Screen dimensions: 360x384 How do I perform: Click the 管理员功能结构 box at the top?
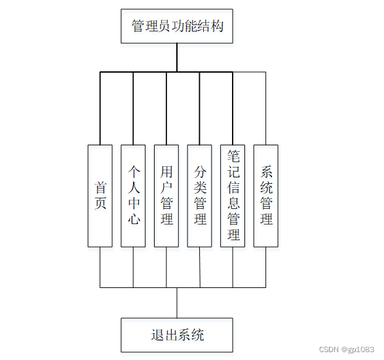click(x=177, y=27)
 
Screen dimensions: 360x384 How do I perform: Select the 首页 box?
click(x=100, y=196)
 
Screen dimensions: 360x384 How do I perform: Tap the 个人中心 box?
click(x=134, y=196)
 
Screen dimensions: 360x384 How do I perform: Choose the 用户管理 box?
click(x=166, y=196)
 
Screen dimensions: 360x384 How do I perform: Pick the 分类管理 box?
click(x=200, y=196)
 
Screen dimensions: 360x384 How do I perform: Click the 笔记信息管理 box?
click(x=233, y=196)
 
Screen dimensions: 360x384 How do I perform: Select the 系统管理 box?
click(x=266, y=196)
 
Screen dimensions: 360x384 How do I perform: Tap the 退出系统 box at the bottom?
click(x=177, y=335)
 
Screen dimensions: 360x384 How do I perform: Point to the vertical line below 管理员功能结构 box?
click(x=177, y=58)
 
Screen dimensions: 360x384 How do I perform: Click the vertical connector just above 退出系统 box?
click(x=177, y=302)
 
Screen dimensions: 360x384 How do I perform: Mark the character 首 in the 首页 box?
click(x=100, y=187)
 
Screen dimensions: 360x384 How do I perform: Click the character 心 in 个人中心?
click(x=134, y=219)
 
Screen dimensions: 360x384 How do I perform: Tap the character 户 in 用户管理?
click(x=166, y=188)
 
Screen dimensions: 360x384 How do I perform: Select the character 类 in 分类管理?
click(x=200, y=188)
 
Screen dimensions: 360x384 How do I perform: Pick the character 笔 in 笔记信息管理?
click(x=233, y=156)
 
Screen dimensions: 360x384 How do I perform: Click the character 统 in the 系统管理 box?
click(x=266, y=188)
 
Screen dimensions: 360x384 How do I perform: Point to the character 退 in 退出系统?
click(x=157, y=335)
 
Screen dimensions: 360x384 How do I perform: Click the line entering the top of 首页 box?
click(x=100, y=108)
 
